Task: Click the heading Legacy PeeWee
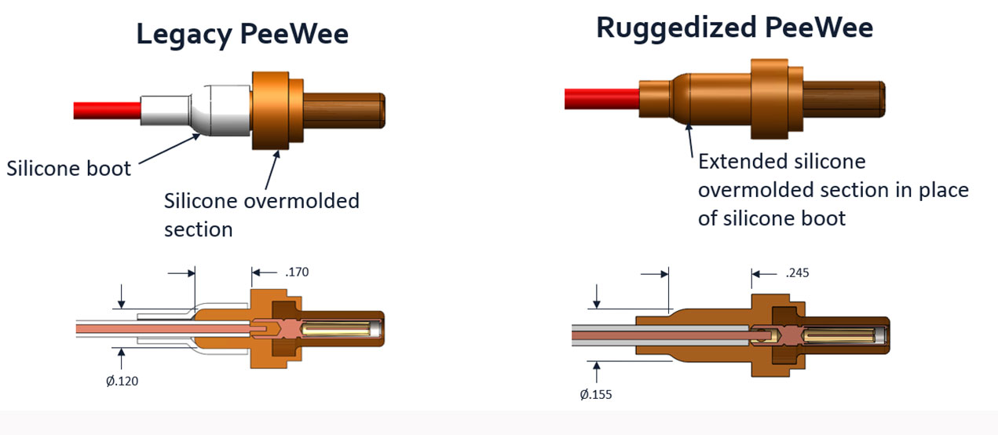pos(242,35)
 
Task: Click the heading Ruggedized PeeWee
pos(734,27)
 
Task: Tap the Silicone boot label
pos(69,169)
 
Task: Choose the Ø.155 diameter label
pos(596,394)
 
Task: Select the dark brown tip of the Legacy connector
pos(343,110)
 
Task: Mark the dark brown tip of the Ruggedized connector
pos(845,98)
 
